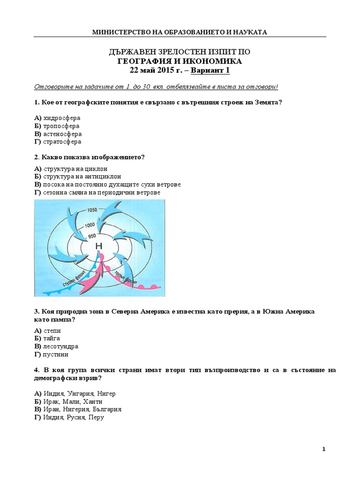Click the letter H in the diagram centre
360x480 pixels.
pos(98,247)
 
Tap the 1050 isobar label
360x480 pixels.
pos(92,210)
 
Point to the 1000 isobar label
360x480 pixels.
pos(90,225)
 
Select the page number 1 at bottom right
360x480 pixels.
pos(323,449)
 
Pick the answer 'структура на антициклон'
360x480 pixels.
pos(82,177)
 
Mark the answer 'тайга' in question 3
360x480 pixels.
pos(52,338)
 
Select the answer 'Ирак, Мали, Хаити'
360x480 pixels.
pos(73,402)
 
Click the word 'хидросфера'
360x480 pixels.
pos(62,118)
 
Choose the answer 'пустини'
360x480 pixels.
pos(56,354)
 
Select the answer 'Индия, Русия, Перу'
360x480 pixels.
pos(74,417)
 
